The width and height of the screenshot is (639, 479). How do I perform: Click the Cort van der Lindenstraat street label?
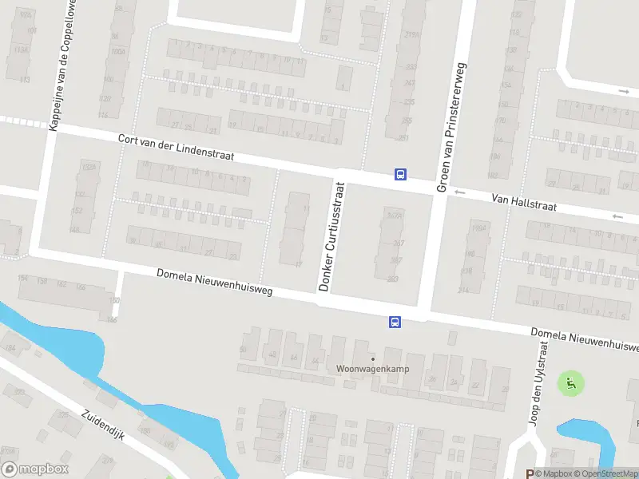[176, 148]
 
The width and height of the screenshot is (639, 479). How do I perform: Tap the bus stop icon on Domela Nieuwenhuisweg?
[395, 322]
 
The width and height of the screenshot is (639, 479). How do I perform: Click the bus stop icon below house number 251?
[400, 175]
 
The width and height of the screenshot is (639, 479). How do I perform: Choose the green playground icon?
[570, 383]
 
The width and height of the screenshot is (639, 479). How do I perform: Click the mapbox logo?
[35, 469]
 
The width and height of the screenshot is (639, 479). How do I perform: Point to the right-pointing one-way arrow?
[623, 91]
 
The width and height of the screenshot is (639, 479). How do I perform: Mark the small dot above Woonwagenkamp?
[372, 358]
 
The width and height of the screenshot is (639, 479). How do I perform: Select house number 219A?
[412, 35]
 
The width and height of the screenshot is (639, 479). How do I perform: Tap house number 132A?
[88, 167]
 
